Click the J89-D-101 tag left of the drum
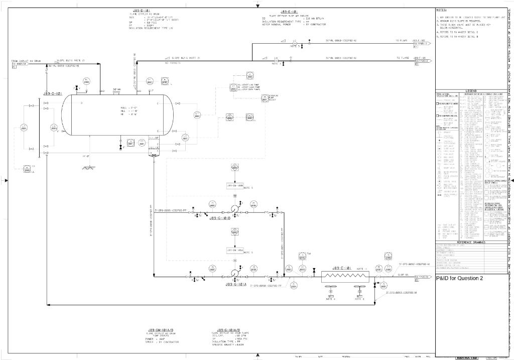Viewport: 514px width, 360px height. [52, 93]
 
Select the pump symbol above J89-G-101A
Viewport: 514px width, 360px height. [234, 274]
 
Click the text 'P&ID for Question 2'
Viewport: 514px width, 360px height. [459, 278]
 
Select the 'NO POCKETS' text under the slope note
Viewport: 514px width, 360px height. [172, 64]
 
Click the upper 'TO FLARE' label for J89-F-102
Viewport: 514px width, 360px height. [400, 41]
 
